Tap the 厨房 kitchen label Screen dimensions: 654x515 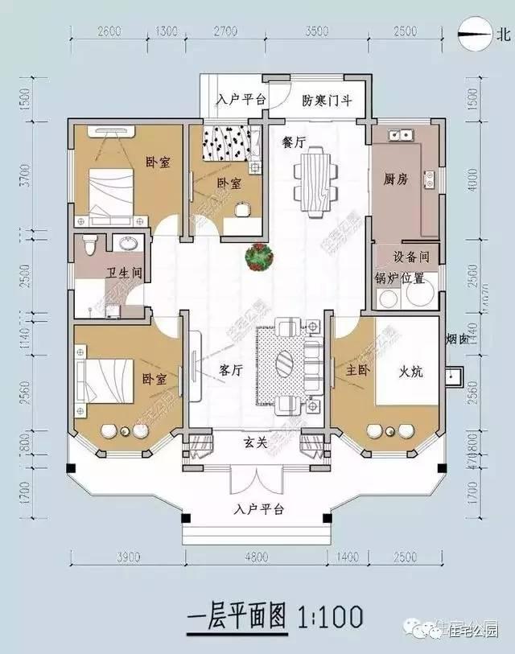coord(397,179)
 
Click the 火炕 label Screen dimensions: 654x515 coord(413,372)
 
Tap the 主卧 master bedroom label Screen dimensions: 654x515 coord(358,371)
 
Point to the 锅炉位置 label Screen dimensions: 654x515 coord(399,279)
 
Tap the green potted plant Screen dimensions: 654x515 coord(260,257)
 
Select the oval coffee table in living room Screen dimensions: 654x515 coord(286,363)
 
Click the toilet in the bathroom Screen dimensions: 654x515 coord(90,242)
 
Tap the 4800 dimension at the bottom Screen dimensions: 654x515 coord(256,557)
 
